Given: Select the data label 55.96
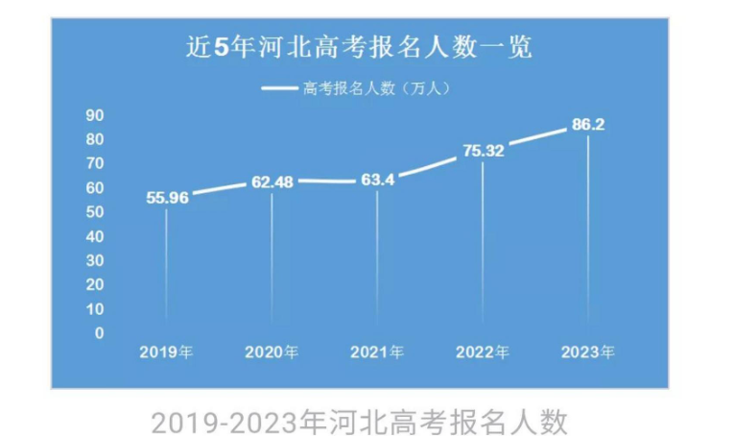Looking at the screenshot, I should click(167, 198).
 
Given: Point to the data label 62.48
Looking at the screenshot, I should click(272, 181).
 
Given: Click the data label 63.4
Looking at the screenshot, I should click(377, 179).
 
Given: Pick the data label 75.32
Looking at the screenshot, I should click(483, 150).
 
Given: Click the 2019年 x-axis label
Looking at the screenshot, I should click(166, 352).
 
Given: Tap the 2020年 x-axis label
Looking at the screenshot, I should click(272, 352).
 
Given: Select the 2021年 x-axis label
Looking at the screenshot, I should click(377, 352).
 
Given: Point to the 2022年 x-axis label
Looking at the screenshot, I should click(483, 352).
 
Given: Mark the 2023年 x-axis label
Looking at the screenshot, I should click(587, 352).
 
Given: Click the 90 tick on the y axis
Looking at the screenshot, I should click(95, 114).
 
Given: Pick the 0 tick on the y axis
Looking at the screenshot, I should click(99, 333).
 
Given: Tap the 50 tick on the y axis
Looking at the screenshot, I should click(95, 211).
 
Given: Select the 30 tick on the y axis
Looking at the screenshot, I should click(95, 260).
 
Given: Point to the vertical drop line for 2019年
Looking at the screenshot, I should click(166, 264).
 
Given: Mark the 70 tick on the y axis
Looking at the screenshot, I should click(95, 163).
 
